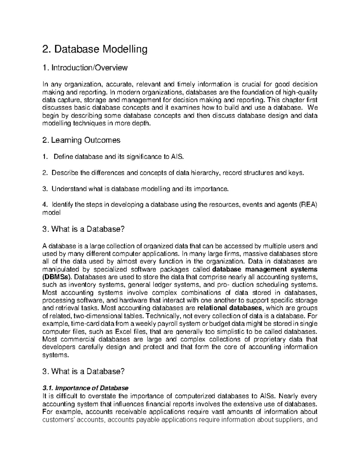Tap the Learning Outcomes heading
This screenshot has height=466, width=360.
(x=82, y=140)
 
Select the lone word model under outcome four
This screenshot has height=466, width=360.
(x=51, y=213)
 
